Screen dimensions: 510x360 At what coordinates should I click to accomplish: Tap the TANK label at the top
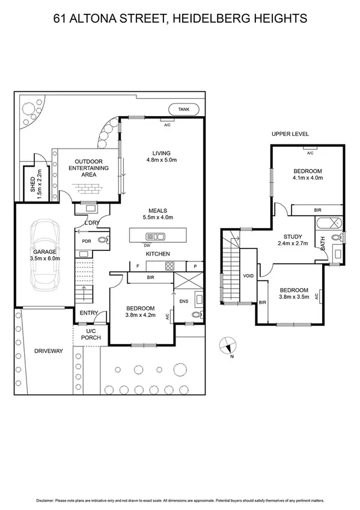(183, 109)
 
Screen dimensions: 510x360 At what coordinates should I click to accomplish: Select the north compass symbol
(227, 346)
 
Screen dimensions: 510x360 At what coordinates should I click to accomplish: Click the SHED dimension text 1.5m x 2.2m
(40, 184)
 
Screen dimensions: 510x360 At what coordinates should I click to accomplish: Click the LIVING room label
(161, 153)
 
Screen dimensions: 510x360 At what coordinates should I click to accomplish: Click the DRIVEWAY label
(49, 351)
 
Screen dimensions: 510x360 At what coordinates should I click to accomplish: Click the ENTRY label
(88, 313)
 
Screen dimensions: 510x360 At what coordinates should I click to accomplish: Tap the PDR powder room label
(86, 242)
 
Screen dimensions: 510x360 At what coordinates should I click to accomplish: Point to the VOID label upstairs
(248, 276)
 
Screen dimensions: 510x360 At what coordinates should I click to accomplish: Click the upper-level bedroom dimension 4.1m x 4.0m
(308, 177)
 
